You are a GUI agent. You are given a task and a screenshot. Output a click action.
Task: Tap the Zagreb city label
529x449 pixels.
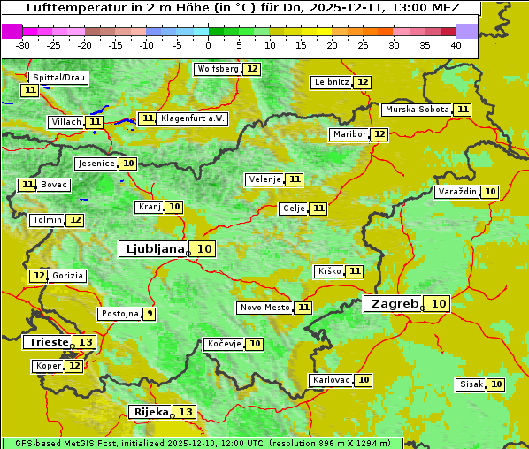click(x=395, y=304)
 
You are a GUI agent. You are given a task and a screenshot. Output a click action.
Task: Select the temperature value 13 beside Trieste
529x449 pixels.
click(x=86, y=342)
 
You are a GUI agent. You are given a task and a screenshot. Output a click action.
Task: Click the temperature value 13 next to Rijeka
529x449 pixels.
click(x=185, y=412)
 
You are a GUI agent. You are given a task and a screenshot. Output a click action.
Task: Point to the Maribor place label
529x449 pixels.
click(x=348, y=134)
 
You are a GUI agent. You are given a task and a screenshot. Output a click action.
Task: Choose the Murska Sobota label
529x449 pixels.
click(x=417, y=110)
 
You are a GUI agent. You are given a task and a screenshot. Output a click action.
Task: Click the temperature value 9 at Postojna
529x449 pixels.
click(x=149, y=314)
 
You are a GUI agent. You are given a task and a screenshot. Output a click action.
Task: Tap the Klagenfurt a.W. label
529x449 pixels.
click(x=193, y=118)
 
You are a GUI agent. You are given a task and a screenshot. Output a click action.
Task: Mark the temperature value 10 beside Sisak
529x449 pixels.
click(x=496, y=384)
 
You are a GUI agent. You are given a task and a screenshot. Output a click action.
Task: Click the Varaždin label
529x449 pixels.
click(x=457, y=192)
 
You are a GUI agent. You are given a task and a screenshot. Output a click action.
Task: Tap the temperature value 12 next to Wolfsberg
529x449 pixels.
click(x=252, y=69)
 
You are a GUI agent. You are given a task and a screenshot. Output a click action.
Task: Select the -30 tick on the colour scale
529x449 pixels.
click(x=23, y=45)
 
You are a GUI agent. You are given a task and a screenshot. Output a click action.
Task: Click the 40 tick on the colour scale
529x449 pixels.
click(x=456, y=45)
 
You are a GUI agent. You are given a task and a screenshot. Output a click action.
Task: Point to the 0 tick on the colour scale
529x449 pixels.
click(x=208, y=45)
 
